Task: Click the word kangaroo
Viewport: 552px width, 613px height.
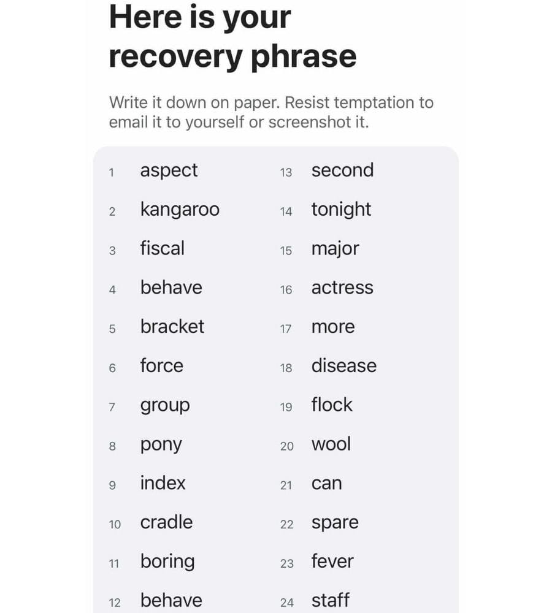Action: [x=180, y=210]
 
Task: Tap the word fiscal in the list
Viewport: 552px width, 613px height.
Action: [x=163, y=248]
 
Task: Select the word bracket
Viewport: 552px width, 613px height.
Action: [x=172, y=326]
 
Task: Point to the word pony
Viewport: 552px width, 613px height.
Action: [x=161, y=445]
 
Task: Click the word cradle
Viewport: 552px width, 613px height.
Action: [x=166, y=522]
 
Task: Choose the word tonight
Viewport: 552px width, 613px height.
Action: [x=341, y=210]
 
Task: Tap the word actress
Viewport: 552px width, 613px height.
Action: [x=342, y=287]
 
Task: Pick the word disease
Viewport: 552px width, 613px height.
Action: [x=344, y=365]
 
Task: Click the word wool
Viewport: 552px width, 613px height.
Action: [x=331, y=444]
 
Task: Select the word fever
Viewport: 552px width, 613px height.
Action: [x=332, y=561]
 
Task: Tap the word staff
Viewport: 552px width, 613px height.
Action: [x=331, y=600]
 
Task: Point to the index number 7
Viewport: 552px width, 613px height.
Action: [x=112, y=407]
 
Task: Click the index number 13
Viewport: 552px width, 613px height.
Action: [x=286, y=172]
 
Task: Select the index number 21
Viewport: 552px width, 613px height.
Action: [x=286, y=485]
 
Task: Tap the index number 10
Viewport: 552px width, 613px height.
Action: [x=115, y=524]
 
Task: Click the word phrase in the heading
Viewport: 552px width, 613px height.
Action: [x=304, y=57]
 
